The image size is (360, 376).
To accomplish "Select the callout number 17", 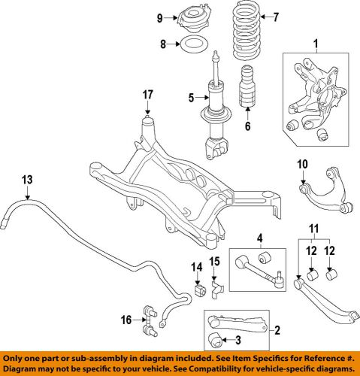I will coord(147,95).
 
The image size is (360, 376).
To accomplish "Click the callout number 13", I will coord(27,180).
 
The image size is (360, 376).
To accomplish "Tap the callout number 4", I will coord(259,241).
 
